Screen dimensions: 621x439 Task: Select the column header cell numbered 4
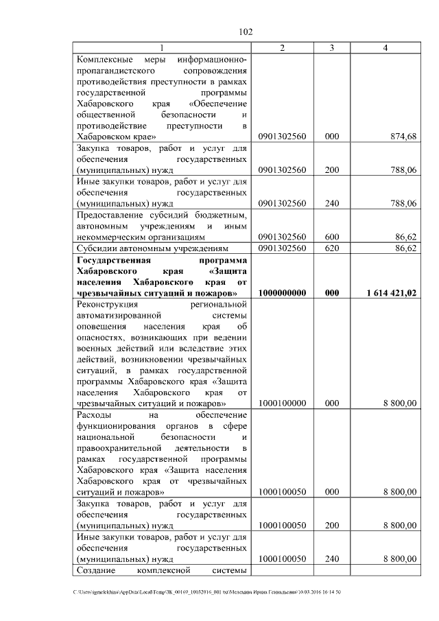pyautogui.click(x=385, y=47)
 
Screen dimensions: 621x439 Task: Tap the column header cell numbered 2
pyautogui.click(x=282, y=47)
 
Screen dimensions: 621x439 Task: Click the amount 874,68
pyautogui.click(x=403, y=137)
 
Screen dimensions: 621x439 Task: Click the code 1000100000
pyautogui.click(x=282, y=403)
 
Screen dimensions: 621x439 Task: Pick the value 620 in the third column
pyautogui.click(x=332, y=247)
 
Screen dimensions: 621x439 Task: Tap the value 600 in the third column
pyautogui.click(x=332, y=236)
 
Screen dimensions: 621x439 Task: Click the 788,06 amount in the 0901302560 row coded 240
pyautogui.click(x=403, y=203)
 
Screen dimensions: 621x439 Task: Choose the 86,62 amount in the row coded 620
pyautogui.click(x=405, y=247)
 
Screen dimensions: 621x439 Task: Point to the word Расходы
pyautogui.click(x=95, y=414)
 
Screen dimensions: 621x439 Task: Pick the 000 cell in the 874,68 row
pyautogui.click(x=332, y=137)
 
